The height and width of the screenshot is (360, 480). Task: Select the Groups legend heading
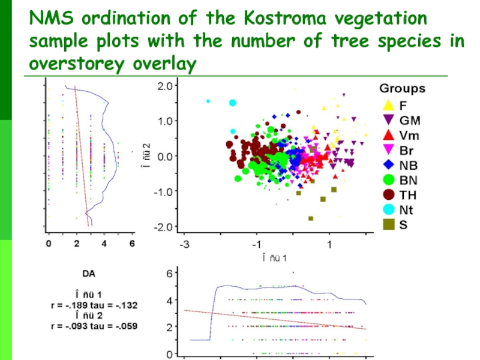402,89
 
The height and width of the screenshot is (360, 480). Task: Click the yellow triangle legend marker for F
388,104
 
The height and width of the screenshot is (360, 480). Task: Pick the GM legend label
410,120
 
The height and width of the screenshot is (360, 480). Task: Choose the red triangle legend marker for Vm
388,134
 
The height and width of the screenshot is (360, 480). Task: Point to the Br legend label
407,150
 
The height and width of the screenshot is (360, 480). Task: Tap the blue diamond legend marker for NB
388,164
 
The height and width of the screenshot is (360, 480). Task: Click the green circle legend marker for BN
388,179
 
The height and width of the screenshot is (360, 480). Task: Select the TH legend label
408,195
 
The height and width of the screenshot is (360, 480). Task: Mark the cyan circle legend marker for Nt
388,209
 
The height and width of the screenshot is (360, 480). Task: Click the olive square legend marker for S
388,224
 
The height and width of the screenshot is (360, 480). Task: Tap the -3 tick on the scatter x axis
185,245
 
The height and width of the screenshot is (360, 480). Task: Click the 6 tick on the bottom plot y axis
169,273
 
